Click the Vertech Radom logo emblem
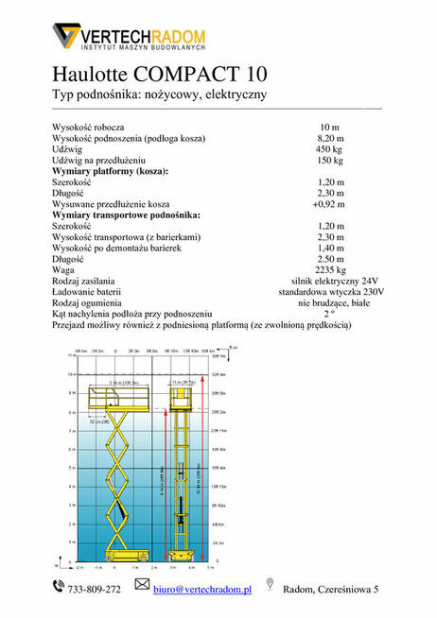click(66, 37)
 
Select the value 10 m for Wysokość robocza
click(329, 126)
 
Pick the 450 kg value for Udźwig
click(329, 148)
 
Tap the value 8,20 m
click(329, 137)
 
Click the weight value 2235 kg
click(329, 269)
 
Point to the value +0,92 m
click(329, 203)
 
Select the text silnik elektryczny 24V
click(329, 281)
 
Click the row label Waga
click(64, 269)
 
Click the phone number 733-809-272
click(95, 590)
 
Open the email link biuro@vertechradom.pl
click(202, 590)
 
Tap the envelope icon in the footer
click(143, 587)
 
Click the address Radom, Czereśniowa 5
click(331, 590)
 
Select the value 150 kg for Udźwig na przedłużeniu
click(329, 160)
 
